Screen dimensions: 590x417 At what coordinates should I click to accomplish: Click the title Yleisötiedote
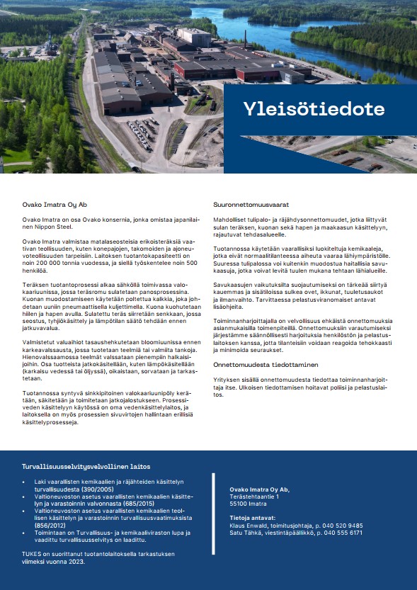pos(314,109)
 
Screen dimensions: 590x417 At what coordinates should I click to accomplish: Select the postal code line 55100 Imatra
pos(249,504)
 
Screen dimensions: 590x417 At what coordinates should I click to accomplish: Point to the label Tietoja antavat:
pos(249,518)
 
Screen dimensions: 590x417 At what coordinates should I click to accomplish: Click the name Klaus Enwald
pos(248,526)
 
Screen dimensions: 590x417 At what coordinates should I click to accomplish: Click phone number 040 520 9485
pos(344,526)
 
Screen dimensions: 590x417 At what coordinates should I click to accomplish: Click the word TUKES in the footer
pos(31,554)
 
